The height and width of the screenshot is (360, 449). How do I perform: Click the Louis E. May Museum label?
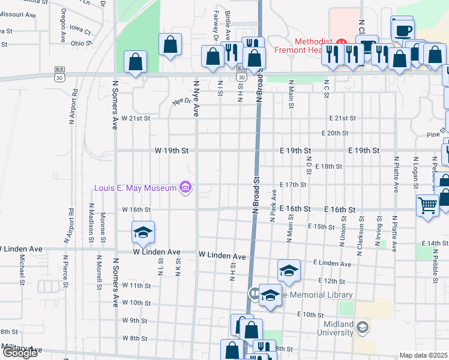tap(135, 188)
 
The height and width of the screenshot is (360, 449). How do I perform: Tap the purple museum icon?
tap(185, 188)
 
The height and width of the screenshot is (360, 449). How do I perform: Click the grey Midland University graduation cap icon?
tap(362, 327)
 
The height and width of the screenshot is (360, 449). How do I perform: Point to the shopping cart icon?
tap(428, 206)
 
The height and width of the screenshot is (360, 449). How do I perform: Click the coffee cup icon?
tap(403, 29)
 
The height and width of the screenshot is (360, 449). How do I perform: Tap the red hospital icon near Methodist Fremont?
tap(342, 43)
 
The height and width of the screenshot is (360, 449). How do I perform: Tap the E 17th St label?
tap(293, 185)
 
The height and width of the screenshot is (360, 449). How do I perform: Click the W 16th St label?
tap(135, 210)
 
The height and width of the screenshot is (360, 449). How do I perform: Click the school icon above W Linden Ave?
tap(143, 233)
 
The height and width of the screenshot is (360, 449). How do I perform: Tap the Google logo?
tap(20, 353)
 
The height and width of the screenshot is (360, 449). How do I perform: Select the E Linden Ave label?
tap(332, 264)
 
